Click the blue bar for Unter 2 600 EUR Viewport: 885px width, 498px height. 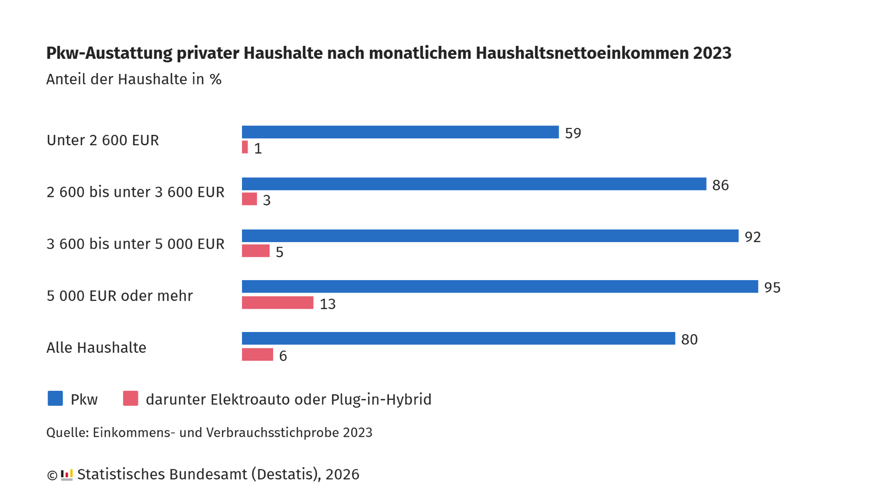point(400,132)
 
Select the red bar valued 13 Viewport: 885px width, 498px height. point(277,303)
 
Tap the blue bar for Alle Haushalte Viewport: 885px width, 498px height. point(458,338)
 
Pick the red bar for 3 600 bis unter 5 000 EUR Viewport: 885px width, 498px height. point(256,251)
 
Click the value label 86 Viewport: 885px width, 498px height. point(720,185)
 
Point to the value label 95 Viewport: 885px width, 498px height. point(772,288)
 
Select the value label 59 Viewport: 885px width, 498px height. point(573,133)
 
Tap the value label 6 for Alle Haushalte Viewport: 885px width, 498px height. point(283,356)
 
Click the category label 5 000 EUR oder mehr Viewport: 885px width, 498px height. point(119,296)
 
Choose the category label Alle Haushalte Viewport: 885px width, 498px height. point(96,347)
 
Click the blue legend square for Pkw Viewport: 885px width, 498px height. point(55,398)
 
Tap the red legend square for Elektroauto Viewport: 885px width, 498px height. point(131,398)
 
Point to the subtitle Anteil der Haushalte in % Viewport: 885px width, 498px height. point(134,79)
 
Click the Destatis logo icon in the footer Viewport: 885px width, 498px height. point(67,475)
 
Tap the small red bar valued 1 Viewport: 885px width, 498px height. point(245,147)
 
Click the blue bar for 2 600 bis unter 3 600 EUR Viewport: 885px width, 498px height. point(474,184)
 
